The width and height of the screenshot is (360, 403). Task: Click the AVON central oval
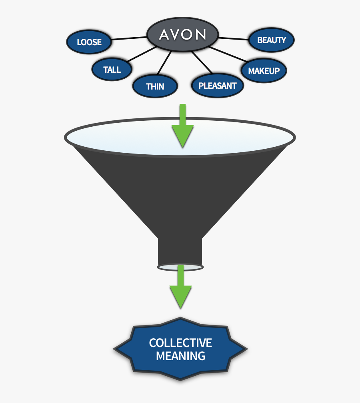182,35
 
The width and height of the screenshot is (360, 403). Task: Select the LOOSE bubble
89,42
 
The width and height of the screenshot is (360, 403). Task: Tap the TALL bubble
112,70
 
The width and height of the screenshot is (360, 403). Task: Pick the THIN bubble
155,86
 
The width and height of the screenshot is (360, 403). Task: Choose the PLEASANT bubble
217,86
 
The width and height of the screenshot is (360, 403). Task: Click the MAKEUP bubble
264,71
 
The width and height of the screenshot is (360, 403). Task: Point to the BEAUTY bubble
272,40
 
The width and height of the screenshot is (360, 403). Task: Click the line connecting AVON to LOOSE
129,38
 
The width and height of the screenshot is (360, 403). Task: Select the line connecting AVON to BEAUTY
234,38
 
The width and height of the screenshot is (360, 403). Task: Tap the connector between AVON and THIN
165,63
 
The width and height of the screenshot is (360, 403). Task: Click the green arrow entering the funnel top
182,128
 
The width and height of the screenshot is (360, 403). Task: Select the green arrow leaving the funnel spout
180,288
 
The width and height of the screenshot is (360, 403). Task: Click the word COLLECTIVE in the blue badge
180,343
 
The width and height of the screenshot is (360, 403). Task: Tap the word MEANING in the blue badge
180,356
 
